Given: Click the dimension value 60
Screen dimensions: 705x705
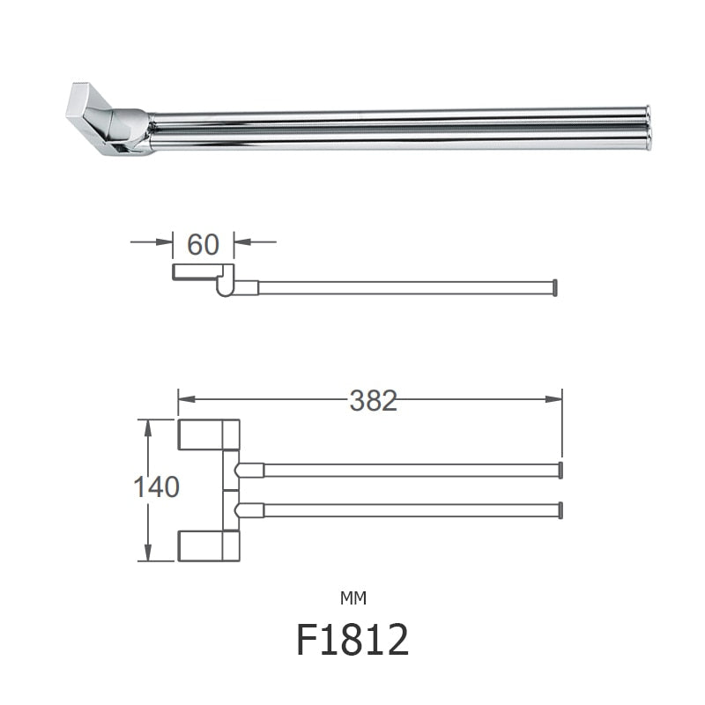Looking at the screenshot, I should tap(203, 245).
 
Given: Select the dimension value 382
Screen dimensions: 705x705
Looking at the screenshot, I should tap(374, 401).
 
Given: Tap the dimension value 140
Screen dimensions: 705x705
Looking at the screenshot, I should tap(158, 486).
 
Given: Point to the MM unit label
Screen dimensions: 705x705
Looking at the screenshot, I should tap(352, 598).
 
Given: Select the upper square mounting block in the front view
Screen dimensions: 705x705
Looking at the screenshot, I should tap(209, 434).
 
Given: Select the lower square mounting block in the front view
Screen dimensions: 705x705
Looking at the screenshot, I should tap(209, 545).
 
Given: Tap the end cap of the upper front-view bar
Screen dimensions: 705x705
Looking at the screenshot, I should tap(560, 470).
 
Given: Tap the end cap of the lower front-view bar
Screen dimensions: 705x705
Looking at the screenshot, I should tap(560, 510).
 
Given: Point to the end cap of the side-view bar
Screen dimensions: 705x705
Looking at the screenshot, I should tap(554, 287).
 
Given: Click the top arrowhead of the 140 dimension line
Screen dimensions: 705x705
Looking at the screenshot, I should tap(148, 426).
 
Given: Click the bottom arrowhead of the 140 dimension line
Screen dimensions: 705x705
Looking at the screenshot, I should tap(148, 554).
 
